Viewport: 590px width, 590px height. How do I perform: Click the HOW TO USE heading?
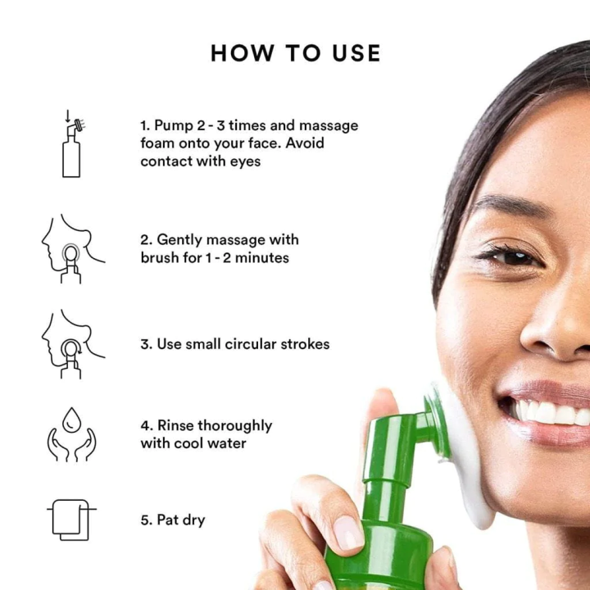tap(295, 53)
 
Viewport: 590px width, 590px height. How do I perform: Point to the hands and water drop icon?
tap(71, 434)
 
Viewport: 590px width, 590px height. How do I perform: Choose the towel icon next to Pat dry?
tap(71, 520)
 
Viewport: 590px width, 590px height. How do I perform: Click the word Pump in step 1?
tap(174, 125)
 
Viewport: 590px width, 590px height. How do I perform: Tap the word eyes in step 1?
tap(243, 161)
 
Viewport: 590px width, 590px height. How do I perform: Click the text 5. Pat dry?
tap(173, 520)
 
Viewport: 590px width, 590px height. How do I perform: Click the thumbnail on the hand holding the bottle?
tap(349, 533)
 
